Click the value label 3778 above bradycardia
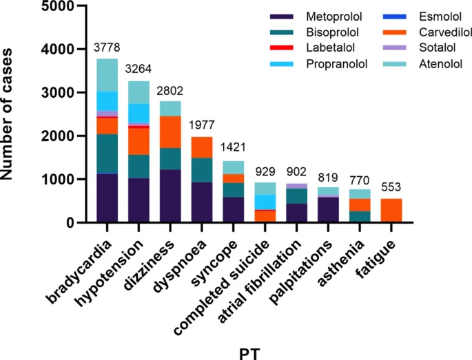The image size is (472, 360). [107, 47]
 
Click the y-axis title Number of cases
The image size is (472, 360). [9, 114]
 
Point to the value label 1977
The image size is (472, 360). [202, 125]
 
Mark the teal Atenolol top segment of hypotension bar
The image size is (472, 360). [138, 92]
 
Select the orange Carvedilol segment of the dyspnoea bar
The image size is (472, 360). [202, 147]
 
